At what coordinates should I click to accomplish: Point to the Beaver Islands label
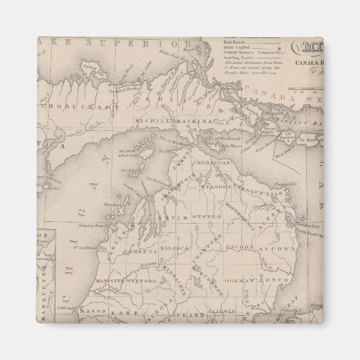[127, 152]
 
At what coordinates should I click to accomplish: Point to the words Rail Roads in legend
[233, 40]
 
